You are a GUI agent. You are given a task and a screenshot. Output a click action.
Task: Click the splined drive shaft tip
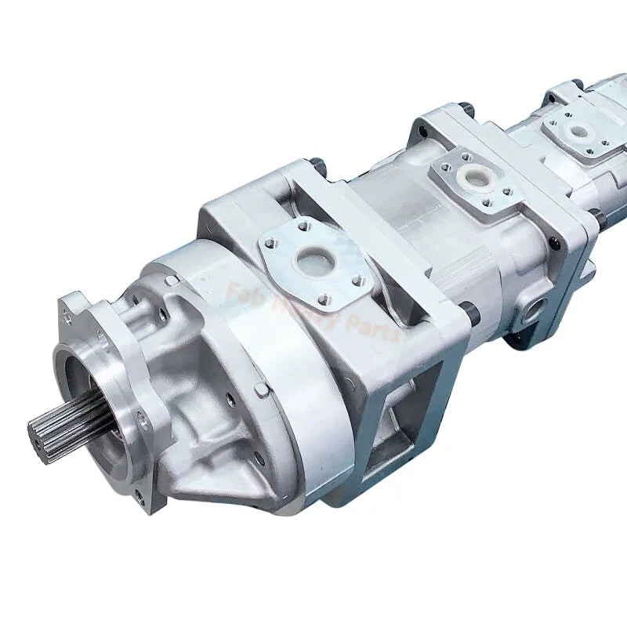(49, 429)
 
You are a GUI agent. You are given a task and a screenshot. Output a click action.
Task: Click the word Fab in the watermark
(241, 295)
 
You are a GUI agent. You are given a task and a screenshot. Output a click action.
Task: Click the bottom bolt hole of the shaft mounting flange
(138, 495)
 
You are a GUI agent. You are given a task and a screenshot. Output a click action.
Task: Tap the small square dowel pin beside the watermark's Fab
(170, 280)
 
